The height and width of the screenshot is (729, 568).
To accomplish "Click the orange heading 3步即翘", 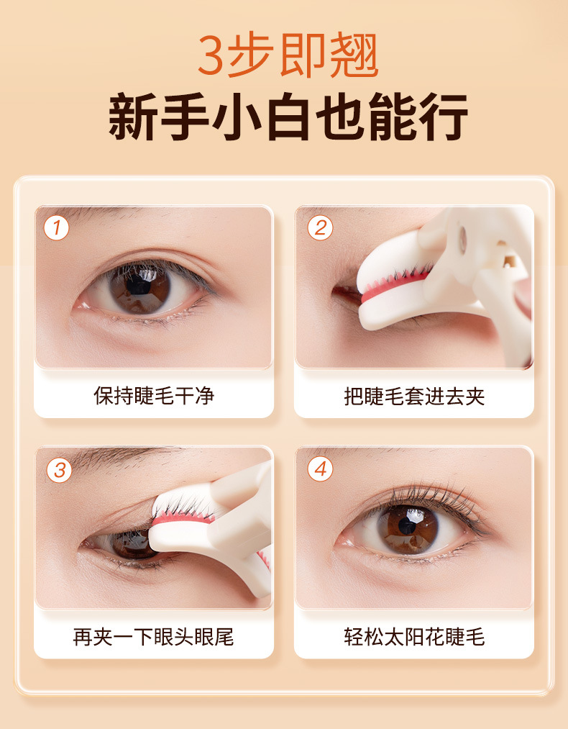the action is pyautogui.click(x=288, y=55).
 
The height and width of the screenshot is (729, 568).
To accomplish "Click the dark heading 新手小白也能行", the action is pyautogui.click(x=288, y=117).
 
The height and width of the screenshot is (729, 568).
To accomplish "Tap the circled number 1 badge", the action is pyautogui.click(x=56, y=228).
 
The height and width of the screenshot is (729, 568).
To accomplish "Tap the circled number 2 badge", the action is pyautogui.click(x=320, y=228).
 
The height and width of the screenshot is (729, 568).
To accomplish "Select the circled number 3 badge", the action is pyautogui.click(x=59, y=470).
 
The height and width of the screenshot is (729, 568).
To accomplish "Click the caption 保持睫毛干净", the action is pyautogui.click(x=154, y=396).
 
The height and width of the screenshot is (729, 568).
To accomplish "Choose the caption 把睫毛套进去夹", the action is pyautogui.click(x=414, y=397).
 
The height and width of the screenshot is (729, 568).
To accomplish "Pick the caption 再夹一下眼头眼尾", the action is pyautogui.click(x=153, y=636).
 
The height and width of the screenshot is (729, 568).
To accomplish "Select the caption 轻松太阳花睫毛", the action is pyautogui.click(x=414, y=636).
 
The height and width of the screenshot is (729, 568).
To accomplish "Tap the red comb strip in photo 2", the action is pyautogui.click(x=395, y=284).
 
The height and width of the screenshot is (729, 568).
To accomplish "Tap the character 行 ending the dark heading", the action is pyautogui.click(x=444, y=117).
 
